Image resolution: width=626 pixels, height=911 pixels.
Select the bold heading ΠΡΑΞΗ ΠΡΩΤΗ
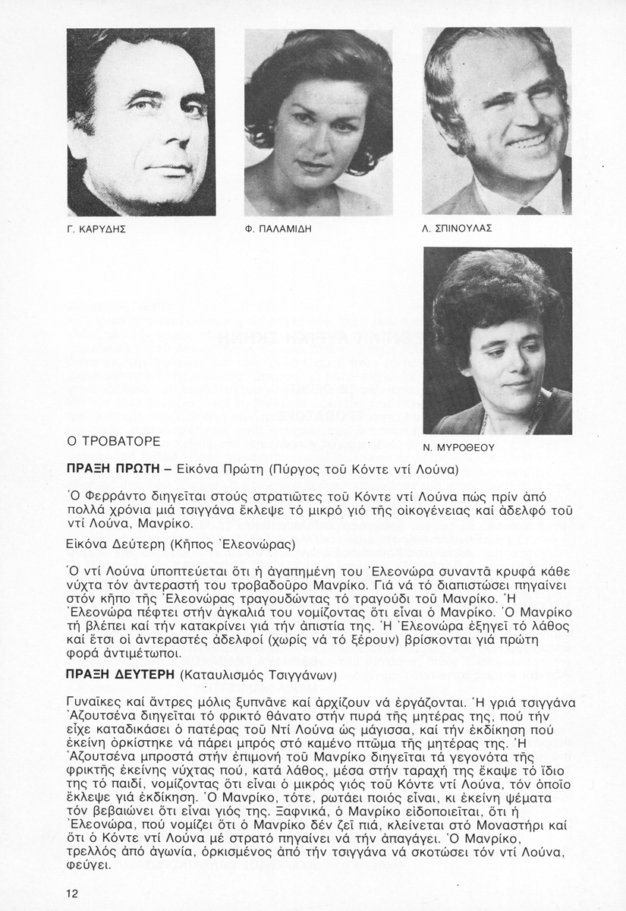coord(112,469)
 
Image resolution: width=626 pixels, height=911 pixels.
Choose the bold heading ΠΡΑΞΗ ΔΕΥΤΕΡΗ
coord(121,673)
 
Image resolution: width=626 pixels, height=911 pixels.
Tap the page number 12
coord(72,892)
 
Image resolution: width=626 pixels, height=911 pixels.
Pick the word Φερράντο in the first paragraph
coord(105,496)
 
